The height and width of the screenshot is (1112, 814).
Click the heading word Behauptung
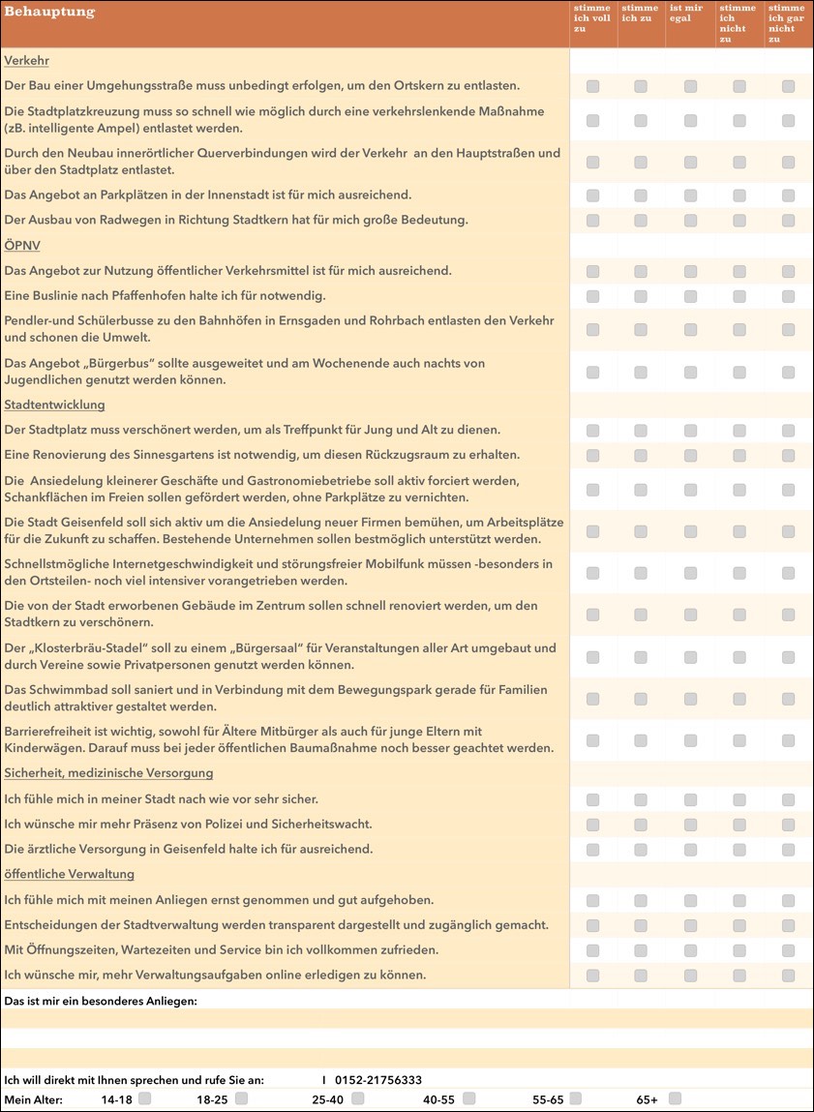click(x=49, y=13)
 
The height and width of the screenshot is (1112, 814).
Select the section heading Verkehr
click(x=26, y=61)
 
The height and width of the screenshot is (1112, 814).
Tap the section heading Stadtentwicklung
click(x=54, y=405)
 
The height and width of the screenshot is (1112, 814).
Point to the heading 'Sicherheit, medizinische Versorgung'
click(x=108, y=773)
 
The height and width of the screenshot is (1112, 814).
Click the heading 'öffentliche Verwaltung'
click(x=69, y=874)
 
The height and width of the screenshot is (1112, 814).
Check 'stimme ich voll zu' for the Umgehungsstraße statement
click(x=592, y=86)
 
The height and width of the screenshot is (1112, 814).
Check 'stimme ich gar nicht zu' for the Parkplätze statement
click(x=788, y=195)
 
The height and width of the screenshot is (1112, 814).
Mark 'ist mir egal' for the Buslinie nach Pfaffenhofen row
click(x=690, y=296)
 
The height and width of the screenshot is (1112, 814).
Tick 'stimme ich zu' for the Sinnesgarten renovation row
click(x=641, y=455)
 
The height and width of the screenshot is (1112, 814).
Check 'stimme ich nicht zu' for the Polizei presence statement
click(x=739, y=825)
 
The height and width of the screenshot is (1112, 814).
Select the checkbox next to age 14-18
click(x=144, y=1098)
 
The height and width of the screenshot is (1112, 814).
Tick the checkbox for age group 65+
click(x=675, y=1098)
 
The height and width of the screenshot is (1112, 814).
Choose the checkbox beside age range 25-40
click(x=357, y=1098)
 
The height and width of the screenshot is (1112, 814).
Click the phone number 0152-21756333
click(x=377, y=1080)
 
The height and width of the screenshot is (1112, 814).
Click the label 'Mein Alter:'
click(x=33, y=1099)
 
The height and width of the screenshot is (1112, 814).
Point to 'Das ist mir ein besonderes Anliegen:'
click(x=101, y=1001)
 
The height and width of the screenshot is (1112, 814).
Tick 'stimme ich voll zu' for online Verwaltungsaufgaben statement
click(x=592, y=976)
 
